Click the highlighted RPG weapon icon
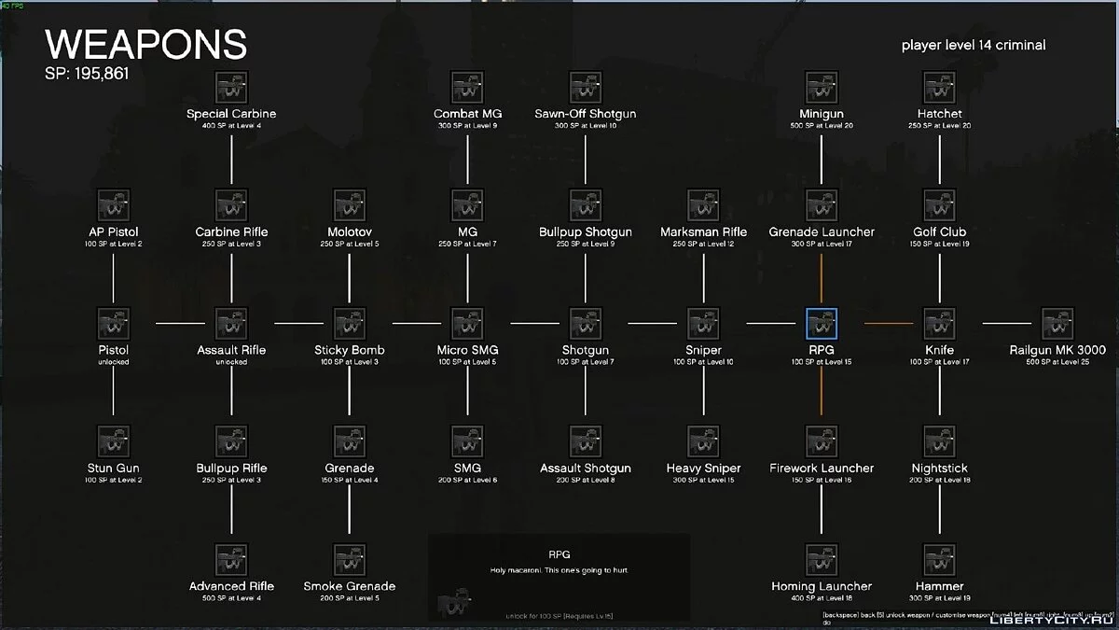(x=822, y=324)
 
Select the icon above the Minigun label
(x=822, y=87)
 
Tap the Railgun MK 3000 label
(x=1057, y=350)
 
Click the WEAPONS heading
(x=146, y=45)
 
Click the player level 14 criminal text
(x=974, y=45)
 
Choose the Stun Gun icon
(x=114, y=441)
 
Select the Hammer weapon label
(x=939, y=586)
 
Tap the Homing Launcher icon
(x=822, y=560)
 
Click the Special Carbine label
(x=231, y=114)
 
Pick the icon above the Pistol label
(x=114, y=324)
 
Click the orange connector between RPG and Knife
(x=888, y=324)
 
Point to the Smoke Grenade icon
(x=350, y=560)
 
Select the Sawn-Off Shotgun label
(x=586, y=114)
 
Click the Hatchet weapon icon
(x=939, y=87)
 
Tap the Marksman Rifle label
(x=703, y=231)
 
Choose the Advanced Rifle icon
(x=231, y=560)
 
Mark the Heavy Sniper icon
(x=703, y=441)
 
